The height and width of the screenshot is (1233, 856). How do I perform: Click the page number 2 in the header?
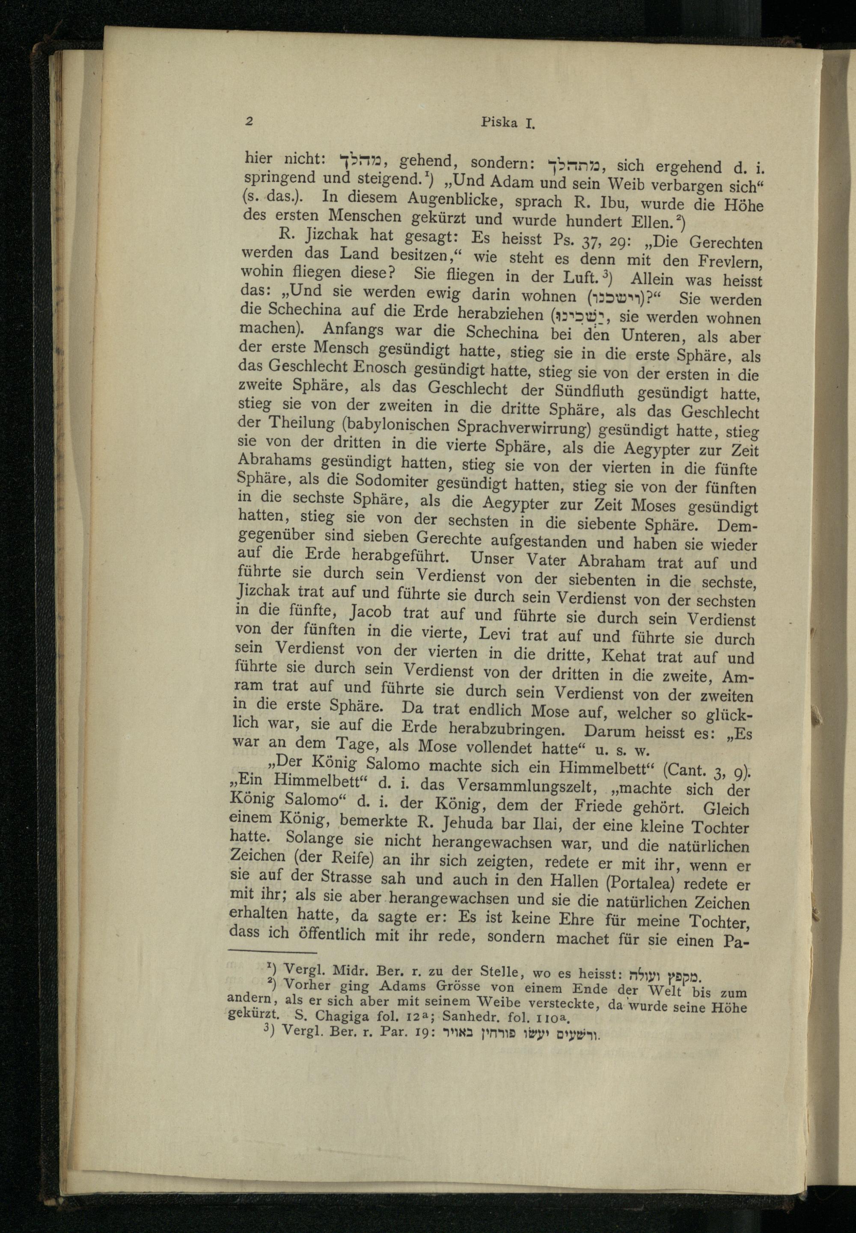(248, 121)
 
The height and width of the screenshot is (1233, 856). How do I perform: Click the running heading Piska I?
(506, 123)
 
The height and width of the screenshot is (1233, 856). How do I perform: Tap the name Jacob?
(371, 612)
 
